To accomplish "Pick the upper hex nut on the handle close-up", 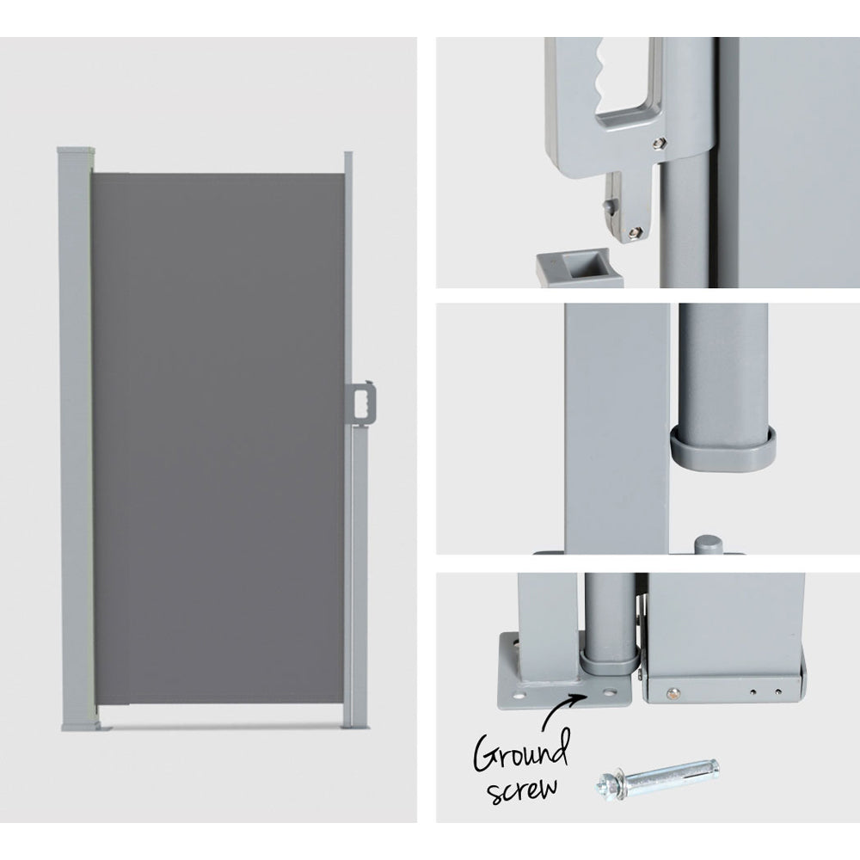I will (659, 143).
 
